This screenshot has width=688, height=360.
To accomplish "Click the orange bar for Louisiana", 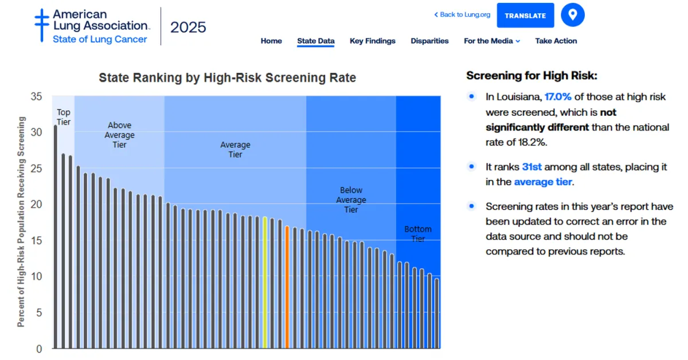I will coord(287,287).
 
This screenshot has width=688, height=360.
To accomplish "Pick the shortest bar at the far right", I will coord(437,313).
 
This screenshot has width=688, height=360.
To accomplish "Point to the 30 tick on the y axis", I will coord(37,132).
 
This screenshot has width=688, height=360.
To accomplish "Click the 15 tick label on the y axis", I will coord(37,240).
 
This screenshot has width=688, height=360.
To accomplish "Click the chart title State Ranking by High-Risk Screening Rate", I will coord(227,78).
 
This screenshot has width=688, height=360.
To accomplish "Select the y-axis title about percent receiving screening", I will coord(21,222).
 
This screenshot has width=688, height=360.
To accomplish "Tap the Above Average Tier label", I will coord(119,135).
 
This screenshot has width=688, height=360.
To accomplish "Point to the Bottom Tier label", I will coord(418,233).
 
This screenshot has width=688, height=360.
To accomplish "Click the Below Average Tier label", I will coord(351,199).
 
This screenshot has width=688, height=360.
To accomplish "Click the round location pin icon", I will coord(573,15).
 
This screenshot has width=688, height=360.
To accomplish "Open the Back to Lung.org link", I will coord(462,15).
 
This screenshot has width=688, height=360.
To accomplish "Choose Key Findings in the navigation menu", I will coord(373,41).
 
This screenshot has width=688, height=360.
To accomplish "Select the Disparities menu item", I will coord(429,41).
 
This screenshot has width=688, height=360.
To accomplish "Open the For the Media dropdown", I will coord(492,41).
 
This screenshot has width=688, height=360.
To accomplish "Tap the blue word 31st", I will coord(531,167).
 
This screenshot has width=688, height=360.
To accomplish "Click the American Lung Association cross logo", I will coord(42,25).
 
